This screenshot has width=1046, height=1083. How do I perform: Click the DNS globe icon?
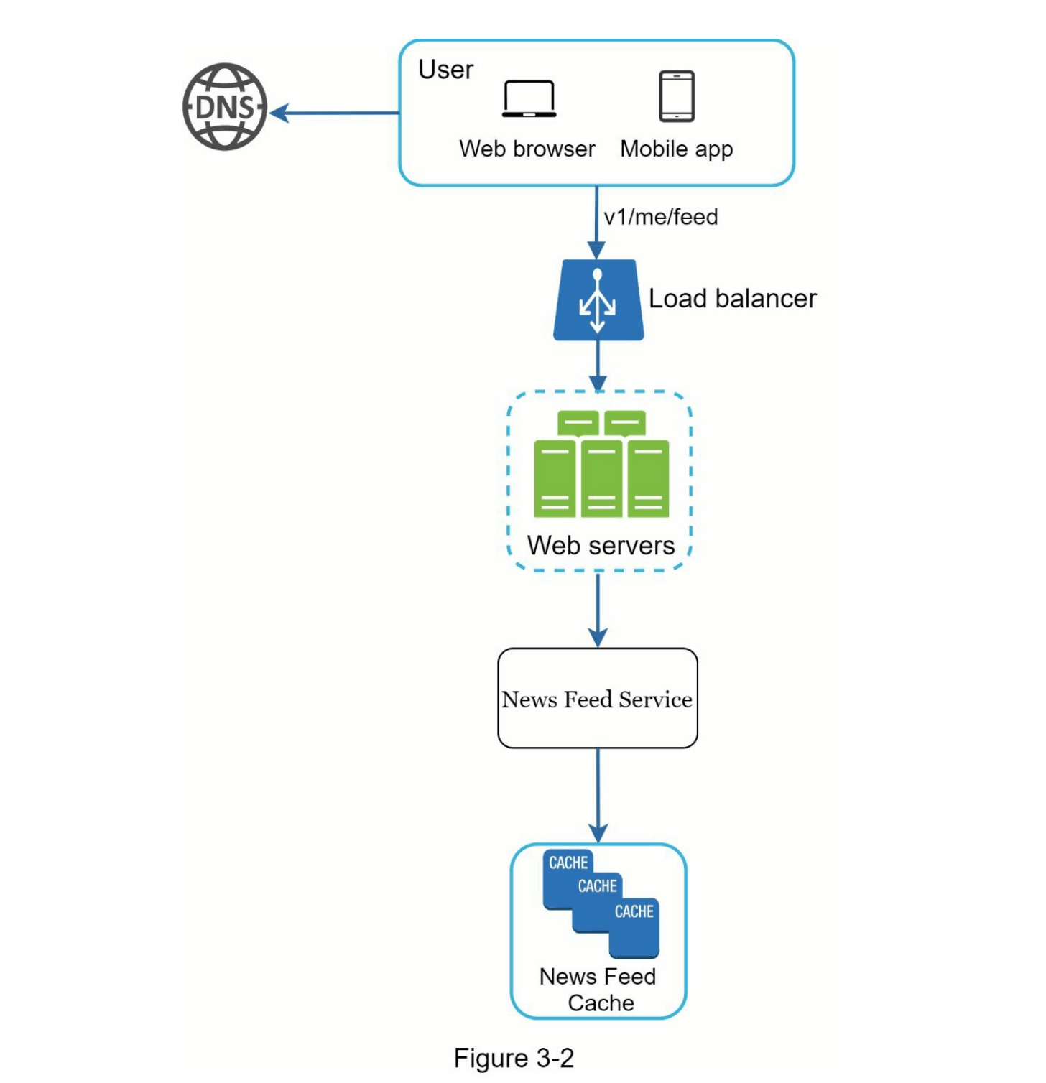coord(225,107)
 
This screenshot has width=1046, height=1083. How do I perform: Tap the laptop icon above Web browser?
coord(529,98)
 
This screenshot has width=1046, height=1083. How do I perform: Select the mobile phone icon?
coord(677,96)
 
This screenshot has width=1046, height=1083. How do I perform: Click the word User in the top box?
coord(445,70)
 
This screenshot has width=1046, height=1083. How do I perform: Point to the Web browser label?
coord(527,149)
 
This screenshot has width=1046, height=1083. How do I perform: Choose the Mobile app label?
coord(677,149)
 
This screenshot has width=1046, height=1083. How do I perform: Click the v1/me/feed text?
coord(661,217)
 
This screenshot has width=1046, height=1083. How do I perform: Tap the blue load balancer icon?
coord(598,300)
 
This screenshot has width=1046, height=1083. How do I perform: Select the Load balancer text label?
coord(732,299)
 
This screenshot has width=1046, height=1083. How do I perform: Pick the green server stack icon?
coord(601,465)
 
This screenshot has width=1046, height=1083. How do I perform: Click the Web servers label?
coord(601,546)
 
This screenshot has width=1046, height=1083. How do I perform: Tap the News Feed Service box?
coord(598,699)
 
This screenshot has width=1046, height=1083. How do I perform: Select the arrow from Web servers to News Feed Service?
coord(598,610)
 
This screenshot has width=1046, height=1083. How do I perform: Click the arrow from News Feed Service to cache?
coord(598,796)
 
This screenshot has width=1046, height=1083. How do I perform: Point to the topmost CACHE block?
coord(568,863)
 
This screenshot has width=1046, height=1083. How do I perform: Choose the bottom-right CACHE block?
coord(634,926)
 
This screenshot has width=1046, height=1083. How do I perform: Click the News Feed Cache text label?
coord(598,990)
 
